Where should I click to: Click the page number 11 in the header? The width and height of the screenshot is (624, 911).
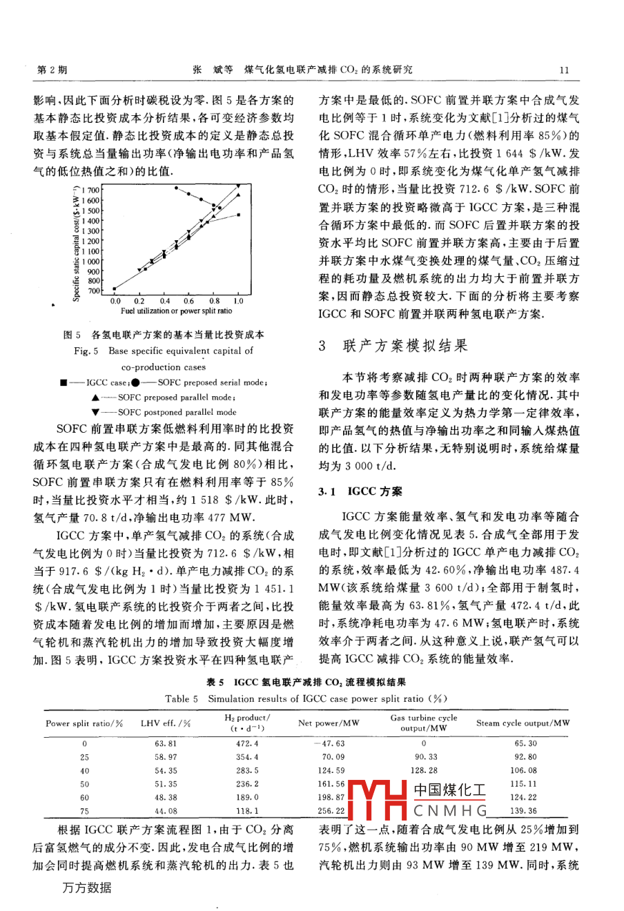click(x=563, y=70)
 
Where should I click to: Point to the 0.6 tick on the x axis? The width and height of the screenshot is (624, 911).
click(x=189, y=302)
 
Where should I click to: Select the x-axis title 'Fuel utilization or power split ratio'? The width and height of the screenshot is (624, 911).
click(x=177, y=312)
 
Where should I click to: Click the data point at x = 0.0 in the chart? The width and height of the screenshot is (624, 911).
click(x=115, y=289)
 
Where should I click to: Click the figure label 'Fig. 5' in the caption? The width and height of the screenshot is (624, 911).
click(x=87, y=351)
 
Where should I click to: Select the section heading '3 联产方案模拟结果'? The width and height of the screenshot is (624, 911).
click(x=393, y=346)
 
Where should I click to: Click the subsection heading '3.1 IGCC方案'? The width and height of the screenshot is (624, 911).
click(x=360, y=492)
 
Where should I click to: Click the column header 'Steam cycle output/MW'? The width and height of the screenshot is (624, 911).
click(x=523, y=723)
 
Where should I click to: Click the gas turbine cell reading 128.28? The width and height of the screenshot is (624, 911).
click(x=424, y=770)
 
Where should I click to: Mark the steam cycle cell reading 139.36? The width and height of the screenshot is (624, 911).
click(x=523, y=811)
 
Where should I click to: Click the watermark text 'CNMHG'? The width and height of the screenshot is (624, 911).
click(x=450, y=810)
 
